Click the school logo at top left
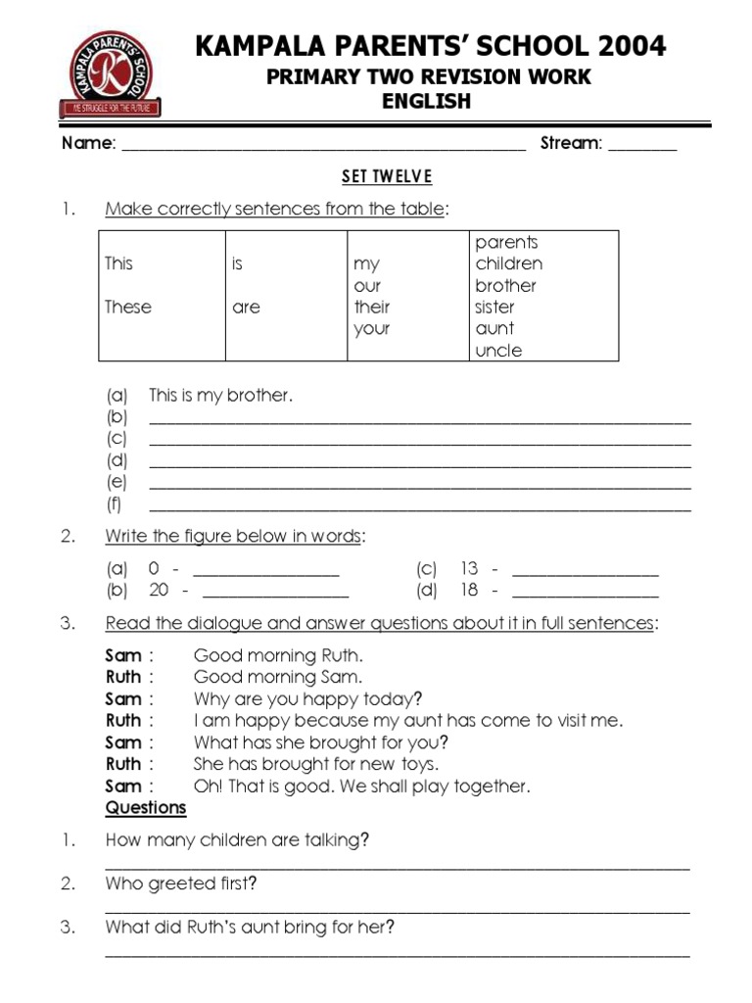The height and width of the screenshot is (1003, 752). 111,74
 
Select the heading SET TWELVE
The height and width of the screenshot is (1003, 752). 386,176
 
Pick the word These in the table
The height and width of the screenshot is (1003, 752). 128,307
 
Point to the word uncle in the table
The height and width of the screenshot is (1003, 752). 498,351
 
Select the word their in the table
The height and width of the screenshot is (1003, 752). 372,307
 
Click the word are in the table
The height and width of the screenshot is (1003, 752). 247,307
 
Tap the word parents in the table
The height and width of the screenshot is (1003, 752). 506,242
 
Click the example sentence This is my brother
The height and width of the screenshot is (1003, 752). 221,396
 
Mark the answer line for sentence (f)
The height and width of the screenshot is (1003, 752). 420,507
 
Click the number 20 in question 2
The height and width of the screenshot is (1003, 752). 159,591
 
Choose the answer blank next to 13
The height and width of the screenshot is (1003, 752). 586,572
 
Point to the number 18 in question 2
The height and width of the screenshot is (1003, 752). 469,591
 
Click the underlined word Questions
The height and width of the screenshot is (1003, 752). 146,808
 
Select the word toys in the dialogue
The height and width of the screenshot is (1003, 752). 416,764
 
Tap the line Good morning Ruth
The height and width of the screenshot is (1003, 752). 278,655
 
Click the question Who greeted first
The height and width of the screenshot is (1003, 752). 181,884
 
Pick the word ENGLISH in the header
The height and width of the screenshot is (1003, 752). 427,101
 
